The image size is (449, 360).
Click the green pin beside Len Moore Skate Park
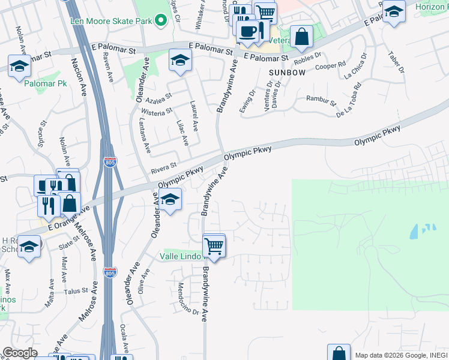[x=160, y=20]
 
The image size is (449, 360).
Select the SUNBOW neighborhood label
[x=287, y=72]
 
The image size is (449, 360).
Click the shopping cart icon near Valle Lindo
[x=214, y=245]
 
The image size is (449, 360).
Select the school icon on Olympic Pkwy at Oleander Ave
[x=170, y=199]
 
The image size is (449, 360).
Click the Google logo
[x=20, y=353]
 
